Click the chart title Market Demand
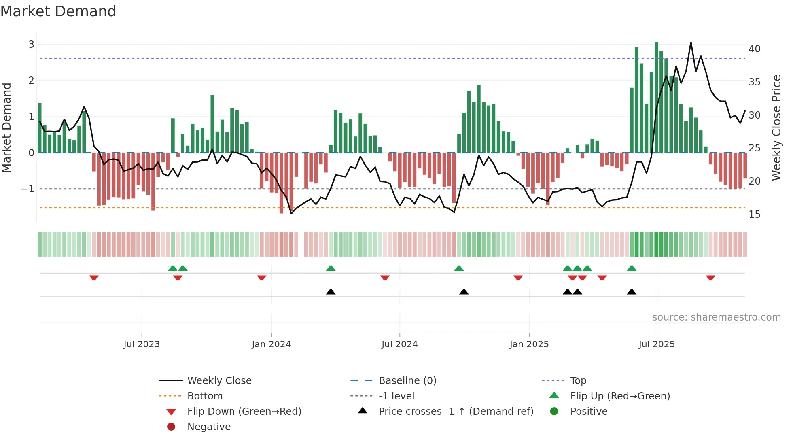[58, 11]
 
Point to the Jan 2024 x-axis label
[271, 344]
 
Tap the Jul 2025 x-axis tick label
[657, 344]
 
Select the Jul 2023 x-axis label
[142, 344]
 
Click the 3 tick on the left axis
[31, 44]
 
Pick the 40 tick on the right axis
[754, 49]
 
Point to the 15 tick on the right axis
[754, 215]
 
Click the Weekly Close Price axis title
[776, 127]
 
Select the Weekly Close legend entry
[219, 381]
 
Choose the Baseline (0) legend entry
[407, 381]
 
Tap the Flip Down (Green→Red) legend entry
[244, 412]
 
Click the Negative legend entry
[209, 427]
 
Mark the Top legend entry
[578, 381]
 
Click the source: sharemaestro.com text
[716, 317]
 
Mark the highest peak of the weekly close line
[691, 42]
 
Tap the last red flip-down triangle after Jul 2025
[710, 278]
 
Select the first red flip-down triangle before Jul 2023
[94, 278]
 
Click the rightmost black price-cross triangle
[632, 292]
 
